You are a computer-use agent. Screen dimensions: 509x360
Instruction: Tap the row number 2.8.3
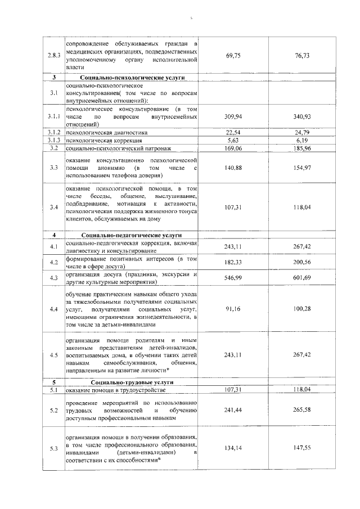(x=53, y=55)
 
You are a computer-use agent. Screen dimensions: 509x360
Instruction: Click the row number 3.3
(x=53, y=167)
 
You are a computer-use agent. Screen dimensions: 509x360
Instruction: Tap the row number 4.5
(x=53, y=355)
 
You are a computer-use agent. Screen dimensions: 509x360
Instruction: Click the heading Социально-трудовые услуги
(x=133, y=382)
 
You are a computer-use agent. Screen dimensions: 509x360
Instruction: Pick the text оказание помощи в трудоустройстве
(x=116, y=390)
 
